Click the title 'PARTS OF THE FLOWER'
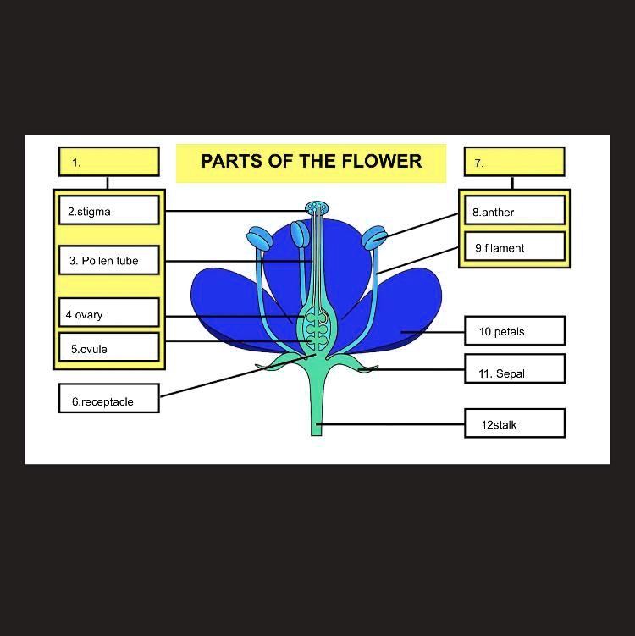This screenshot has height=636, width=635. (x=311, y=162)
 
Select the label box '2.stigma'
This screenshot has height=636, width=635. (x=109, y=211)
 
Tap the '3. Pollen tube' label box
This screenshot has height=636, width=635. (x=109, y=261)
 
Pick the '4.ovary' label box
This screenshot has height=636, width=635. (x=109, y=313)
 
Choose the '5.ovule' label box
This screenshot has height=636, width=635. (x=109, y=348)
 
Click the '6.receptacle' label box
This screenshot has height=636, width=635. (x=109, y=400)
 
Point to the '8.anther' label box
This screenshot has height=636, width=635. (x=514, y=211)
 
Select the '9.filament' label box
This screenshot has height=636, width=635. (x=514, y=247)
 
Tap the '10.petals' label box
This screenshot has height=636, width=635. (x=514, y=331)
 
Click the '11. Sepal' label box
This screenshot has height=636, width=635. (x=514, y=370)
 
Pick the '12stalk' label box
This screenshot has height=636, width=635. (x=514, y=423)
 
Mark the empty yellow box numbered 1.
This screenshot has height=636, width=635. (x=109, y=162)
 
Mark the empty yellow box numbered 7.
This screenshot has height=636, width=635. (x=514, y=162)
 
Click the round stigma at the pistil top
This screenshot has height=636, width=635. (x=317, y=207)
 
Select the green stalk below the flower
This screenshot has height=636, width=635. (x=317, y=406)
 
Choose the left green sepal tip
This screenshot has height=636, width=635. (x=264, y=366)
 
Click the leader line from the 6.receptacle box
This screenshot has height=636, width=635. (x=229, y=377)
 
